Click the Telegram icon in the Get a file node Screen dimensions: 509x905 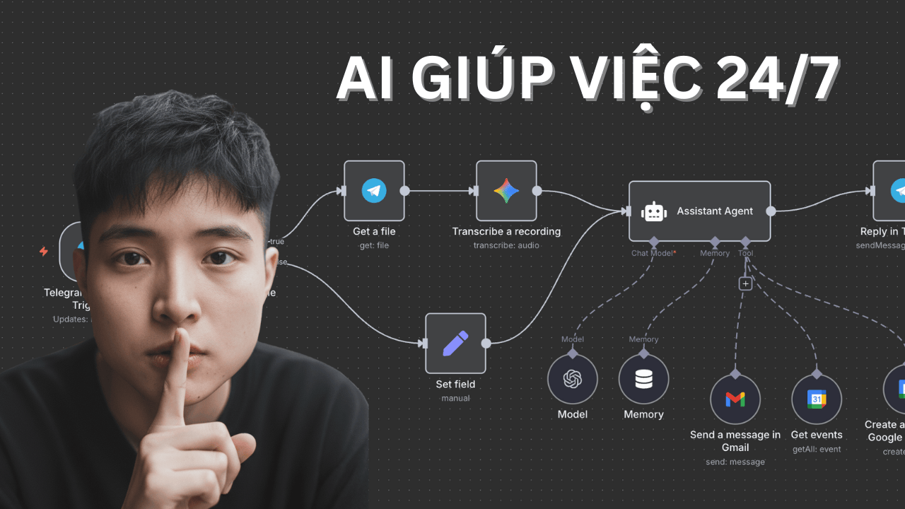pos(374,191)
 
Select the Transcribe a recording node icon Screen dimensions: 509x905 pos(506,191)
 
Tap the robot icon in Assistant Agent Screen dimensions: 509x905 pos(654,211)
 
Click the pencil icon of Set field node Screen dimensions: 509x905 pos(455,344)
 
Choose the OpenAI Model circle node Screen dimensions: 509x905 pos(573,380)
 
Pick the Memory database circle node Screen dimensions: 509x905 pos(643,380)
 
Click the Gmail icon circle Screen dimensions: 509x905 pos(735,399)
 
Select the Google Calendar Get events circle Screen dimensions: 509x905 pos(817,399)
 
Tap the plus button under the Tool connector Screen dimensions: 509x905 pos(745,283)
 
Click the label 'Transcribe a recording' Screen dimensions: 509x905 pos(506,231)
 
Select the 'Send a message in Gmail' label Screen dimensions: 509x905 pos(735,441)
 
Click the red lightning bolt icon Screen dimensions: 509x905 pos(44,251)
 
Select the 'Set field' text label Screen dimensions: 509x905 pos(455,385)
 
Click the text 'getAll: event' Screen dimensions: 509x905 pos(817,449)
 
